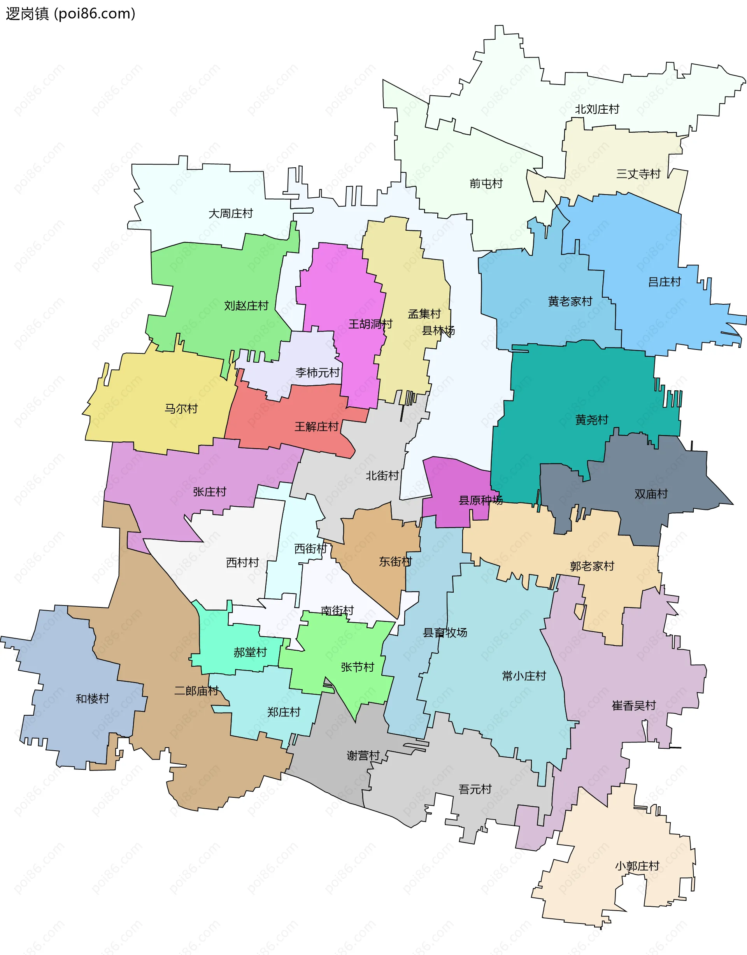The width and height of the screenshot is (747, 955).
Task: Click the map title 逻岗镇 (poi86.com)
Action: tap(70, 14)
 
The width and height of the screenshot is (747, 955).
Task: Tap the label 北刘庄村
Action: tap(597, 109)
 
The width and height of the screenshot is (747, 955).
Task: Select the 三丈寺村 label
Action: tap(638, 174)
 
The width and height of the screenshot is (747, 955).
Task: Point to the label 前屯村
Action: tap(486, 184)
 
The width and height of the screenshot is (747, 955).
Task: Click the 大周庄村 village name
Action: tap(230, 214)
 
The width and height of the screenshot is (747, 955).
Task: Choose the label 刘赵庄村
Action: tap(246, 306)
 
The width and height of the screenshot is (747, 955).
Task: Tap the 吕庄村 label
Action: tap(665, 282)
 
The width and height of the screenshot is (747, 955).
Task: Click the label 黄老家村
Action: tap(570, 302)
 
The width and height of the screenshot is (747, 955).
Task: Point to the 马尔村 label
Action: tap(181, 409)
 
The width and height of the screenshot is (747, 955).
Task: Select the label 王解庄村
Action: tap(316, 427)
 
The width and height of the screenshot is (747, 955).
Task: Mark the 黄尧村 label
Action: tap(592, 420)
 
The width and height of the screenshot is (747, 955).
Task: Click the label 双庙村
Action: tap(651, 494)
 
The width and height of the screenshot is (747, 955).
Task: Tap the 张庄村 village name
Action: tap(209, 492)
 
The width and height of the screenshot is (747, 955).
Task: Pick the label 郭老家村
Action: tap(592, 567)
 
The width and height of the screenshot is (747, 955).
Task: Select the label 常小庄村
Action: tap(524, 676)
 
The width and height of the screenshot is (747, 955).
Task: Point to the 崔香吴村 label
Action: tap(634, 706)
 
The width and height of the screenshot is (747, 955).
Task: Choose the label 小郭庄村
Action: tap(637, 866)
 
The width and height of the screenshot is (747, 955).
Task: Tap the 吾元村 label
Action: tap(475, 790)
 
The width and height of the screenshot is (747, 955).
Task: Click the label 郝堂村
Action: tap(250, 653)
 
